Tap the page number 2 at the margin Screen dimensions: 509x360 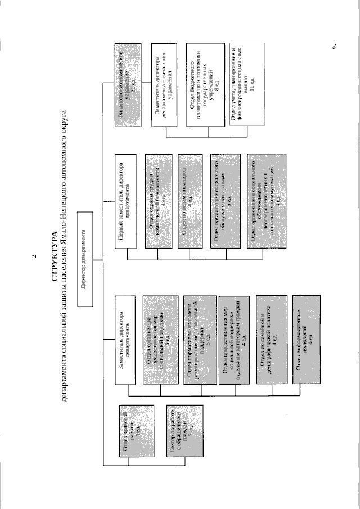(x=35, y=257)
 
